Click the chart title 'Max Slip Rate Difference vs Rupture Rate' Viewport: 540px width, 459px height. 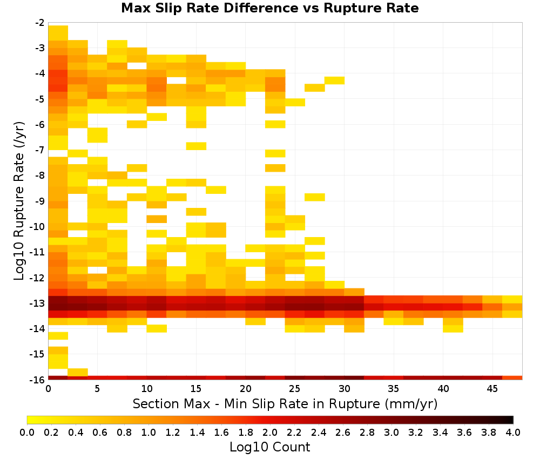coord(269,8)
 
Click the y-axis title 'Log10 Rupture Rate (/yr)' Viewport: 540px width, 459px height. coord(19,201)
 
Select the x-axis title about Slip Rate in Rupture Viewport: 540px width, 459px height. coord(285,403)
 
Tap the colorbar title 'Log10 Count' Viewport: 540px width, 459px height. coord(269,447)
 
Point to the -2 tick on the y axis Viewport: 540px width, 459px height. coord(40,23)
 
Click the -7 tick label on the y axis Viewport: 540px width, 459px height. coord(40,150)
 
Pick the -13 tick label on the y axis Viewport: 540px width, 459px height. coord(37,303)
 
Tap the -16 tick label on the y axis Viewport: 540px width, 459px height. coord(37,380)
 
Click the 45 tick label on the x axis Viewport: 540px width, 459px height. coord(492,389)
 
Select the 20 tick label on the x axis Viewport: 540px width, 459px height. coord(246,389)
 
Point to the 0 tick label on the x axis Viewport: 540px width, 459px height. coord(48,389)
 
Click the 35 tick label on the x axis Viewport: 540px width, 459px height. coord(394,389)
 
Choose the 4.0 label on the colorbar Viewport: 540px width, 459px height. coord(513,432)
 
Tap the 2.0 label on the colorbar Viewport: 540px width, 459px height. coord(270,432)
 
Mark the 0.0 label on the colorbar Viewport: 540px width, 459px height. coord(27,432)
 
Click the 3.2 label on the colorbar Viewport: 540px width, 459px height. coord(416,432)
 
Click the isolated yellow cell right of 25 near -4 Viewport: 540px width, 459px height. coord(334,80)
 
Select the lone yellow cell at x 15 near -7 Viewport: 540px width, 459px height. coord(197,146)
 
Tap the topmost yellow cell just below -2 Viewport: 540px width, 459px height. coord(58,33)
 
